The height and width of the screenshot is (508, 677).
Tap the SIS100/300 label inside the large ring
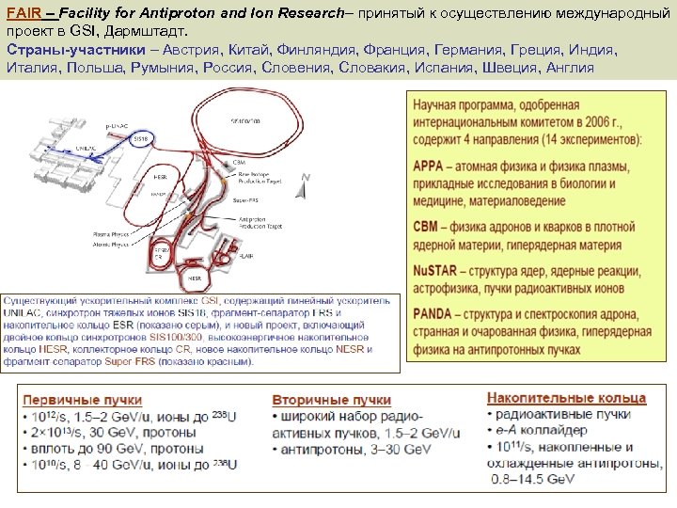click(245, 121)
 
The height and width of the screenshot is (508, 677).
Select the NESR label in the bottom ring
click(195, 278)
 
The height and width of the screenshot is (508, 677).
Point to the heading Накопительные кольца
click(566, 397)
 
